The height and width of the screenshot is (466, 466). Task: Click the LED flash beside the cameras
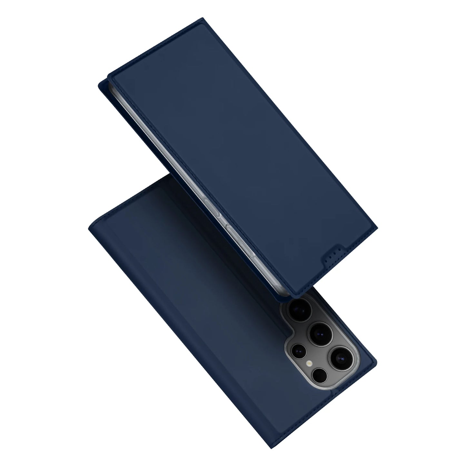tap(310, 363)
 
